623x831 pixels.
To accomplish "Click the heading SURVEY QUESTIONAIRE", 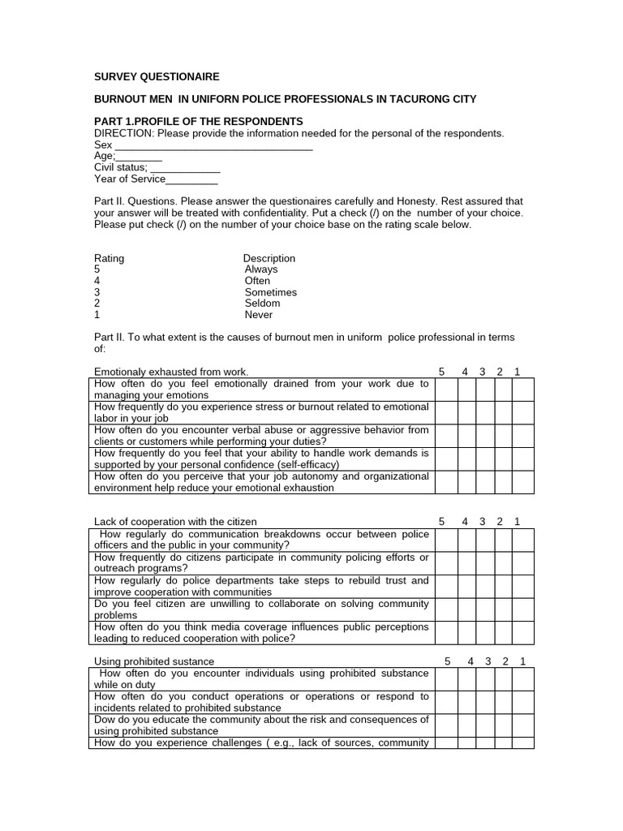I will point(157,77).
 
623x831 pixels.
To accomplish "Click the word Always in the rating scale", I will point(261,269).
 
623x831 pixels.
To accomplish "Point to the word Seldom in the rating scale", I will point(262,304).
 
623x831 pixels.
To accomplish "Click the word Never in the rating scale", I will point(259,315).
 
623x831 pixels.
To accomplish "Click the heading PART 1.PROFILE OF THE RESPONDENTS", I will point(199,121).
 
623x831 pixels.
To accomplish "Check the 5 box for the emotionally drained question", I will point(445,390).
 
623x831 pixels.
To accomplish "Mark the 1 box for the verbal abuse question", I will point(522,436).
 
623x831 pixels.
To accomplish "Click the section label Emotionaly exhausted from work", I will point(171,372).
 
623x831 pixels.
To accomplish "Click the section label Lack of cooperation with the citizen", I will point(175,522).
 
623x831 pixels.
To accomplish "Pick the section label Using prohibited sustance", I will point(154,661).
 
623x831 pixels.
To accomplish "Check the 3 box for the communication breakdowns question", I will point(485,540).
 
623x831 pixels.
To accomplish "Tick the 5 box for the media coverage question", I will point(445,633).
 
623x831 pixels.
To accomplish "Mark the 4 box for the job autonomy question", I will point(466,482).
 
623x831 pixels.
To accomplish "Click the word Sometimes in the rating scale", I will point(271,292).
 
